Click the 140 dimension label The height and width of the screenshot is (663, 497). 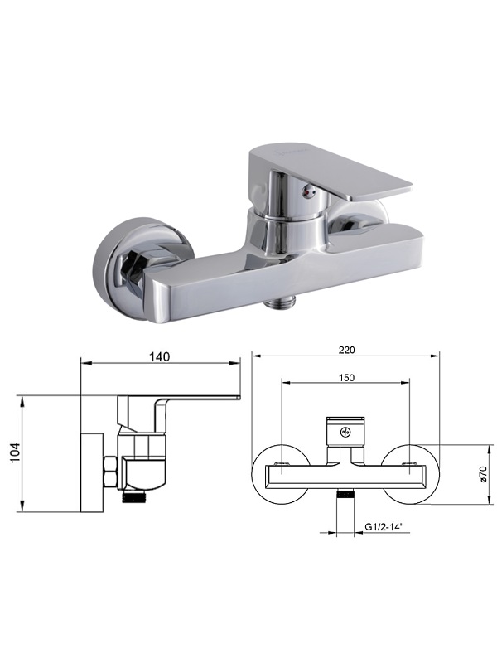[159, 356]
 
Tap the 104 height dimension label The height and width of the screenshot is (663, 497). [15, 452]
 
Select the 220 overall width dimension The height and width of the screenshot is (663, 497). [346, 350]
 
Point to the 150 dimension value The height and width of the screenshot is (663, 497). [346, 378]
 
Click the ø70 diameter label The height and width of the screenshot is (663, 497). [485, 474]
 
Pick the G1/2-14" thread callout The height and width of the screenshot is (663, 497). [384, 527]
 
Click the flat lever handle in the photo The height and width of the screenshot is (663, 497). [330, 172]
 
